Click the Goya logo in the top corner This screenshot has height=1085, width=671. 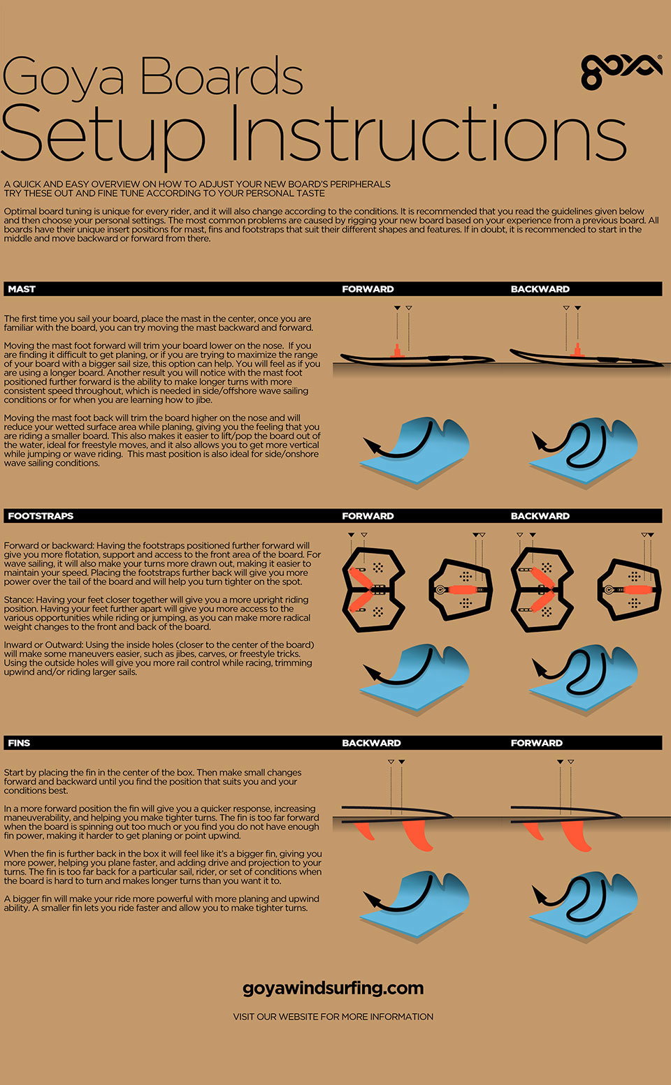(621, 71)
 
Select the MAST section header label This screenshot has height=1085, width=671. (22, 289)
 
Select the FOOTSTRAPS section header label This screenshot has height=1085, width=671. (41, 516)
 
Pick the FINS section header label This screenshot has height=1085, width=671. (19, 743)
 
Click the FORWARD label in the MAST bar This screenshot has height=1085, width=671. (368, 289)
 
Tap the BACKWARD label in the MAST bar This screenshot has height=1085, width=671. (540, 289)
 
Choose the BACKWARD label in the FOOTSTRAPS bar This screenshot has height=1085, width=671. (540, 516)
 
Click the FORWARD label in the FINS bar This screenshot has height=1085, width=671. (536, 743)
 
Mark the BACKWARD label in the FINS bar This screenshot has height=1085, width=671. (371, 743)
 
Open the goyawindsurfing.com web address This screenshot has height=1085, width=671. (333, 988)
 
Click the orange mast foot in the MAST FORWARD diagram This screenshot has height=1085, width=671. (397, 351)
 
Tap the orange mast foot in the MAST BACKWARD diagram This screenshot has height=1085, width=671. (577, 351)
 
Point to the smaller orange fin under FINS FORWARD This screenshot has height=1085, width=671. (534, 830)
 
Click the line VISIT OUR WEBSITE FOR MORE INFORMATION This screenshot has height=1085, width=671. (333, 1017)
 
